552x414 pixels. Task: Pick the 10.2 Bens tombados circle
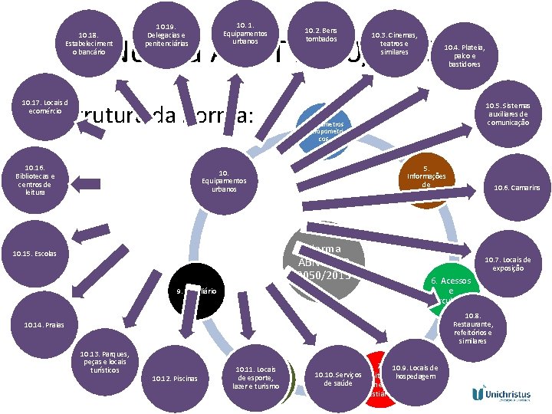[321, 34]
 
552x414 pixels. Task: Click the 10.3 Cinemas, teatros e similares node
[394, 44]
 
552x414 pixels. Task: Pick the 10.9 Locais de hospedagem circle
[414, 372]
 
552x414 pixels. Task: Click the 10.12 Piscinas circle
[175, 377]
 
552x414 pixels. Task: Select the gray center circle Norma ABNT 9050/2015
[323, 261]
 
